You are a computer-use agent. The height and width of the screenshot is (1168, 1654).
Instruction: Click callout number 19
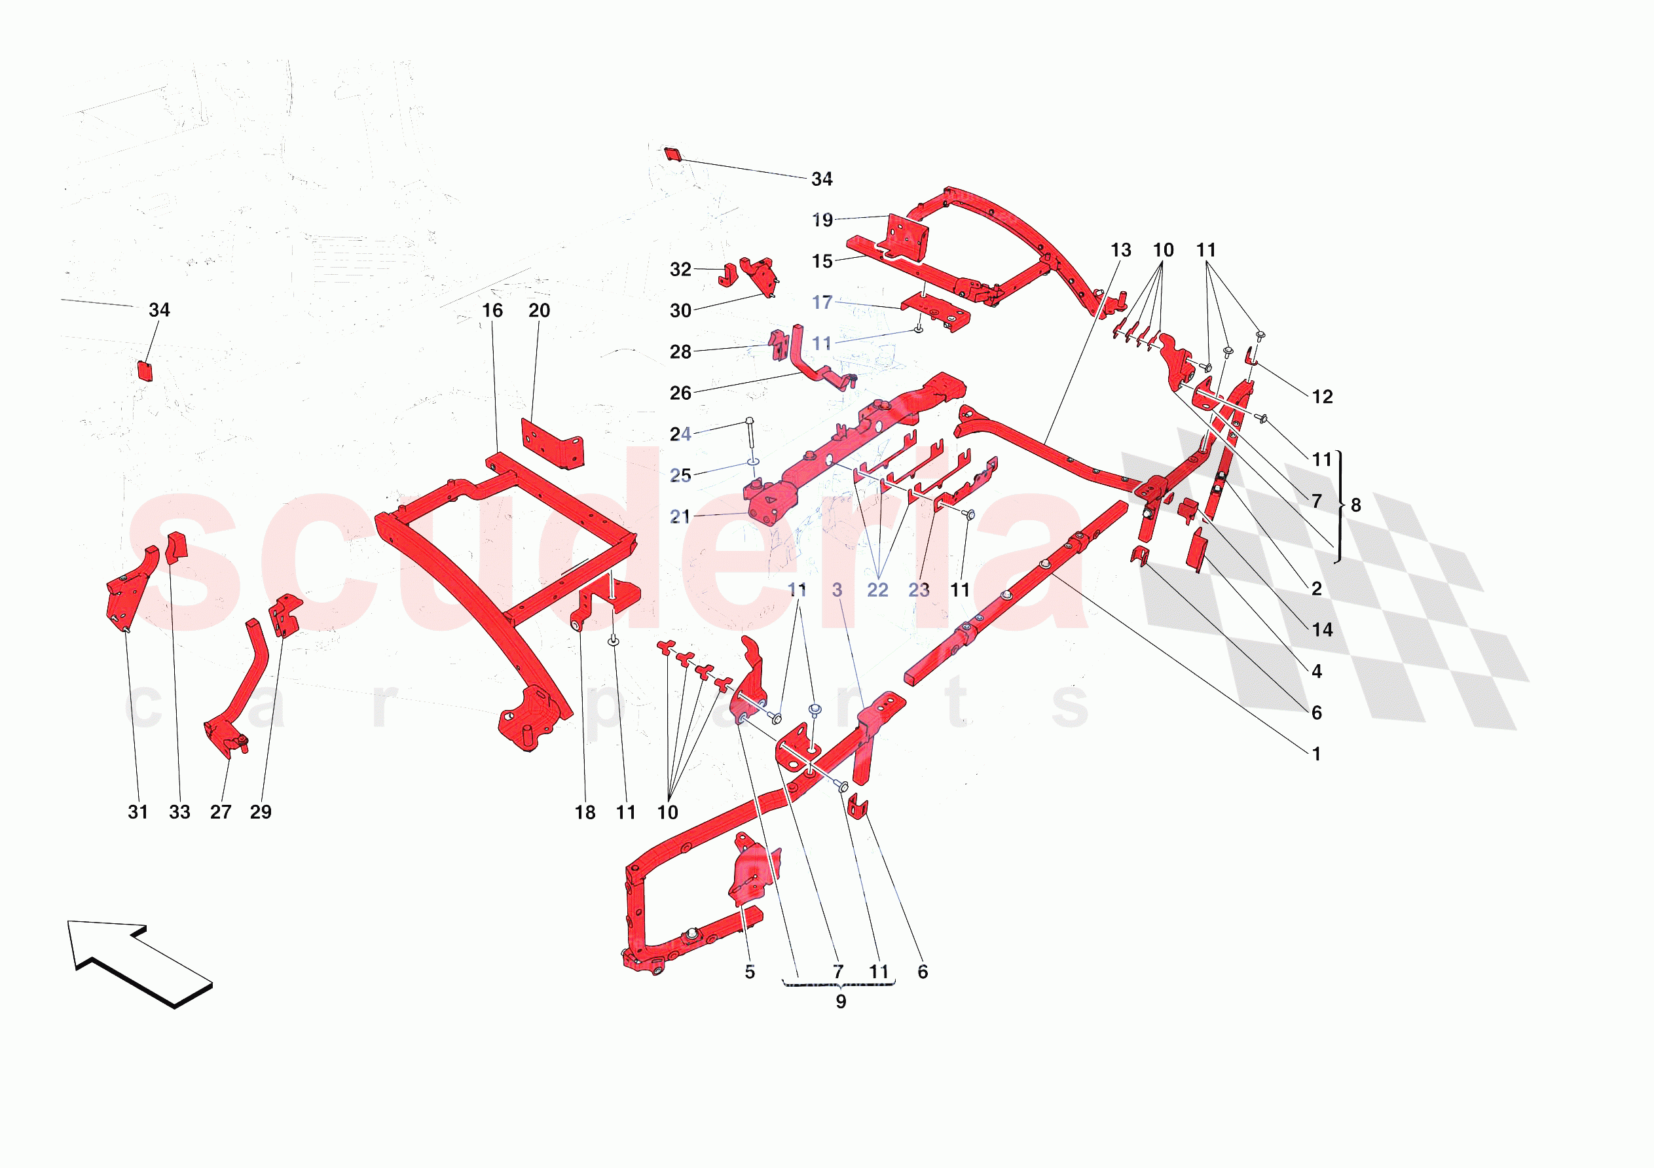point(822,220)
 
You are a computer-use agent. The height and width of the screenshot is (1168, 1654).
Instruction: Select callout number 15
point(822,261)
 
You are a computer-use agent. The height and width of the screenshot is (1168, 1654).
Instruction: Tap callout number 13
point(1120,250)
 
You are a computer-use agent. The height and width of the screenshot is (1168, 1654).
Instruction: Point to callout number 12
point(1322,397)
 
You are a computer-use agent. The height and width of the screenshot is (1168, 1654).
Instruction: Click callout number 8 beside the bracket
point(1356,506)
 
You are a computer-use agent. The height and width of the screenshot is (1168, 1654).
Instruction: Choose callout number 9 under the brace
point(841,1002)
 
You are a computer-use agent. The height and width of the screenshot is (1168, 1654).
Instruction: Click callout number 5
point(749,972)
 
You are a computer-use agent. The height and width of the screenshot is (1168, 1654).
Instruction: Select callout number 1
point(1316,754)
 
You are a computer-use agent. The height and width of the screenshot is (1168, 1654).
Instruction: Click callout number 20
point(539,310)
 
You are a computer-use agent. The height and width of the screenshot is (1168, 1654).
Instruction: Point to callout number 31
point(138,812)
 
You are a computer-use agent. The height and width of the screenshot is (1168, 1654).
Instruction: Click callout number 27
point(221,812)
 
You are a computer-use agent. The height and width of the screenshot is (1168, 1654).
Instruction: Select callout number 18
point(585,813)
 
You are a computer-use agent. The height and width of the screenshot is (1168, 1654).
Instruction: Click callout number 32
point(680,270)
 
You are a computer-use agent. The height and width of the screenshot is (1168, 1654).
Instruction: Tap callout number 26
point(680,393)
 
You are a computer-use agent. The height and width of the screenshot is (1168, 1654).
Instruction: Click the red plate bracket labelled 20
point(551,443)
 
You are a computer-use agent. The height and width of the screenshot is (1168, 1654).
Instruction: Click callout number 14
point(1322,630)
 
